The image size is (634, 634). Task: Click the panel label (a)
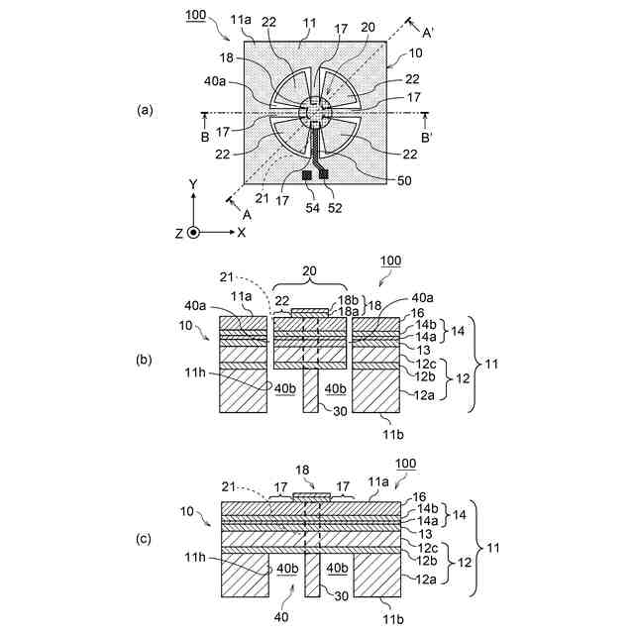click(145, 111)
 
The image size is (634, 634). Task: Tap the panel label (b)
click(145, 362)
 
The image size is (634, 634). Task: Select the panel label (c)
click(145, 539)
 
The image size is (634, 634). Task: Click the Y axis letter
click(194, 185)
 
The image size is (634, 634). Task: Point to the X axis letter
click(242, 232)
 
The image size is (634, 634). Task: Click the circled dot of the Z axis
click(194, 232)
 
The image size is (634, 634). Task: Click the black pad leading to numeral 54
click(307, 174)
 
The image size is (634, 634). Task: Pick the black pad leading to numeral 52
click(323, 173)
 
